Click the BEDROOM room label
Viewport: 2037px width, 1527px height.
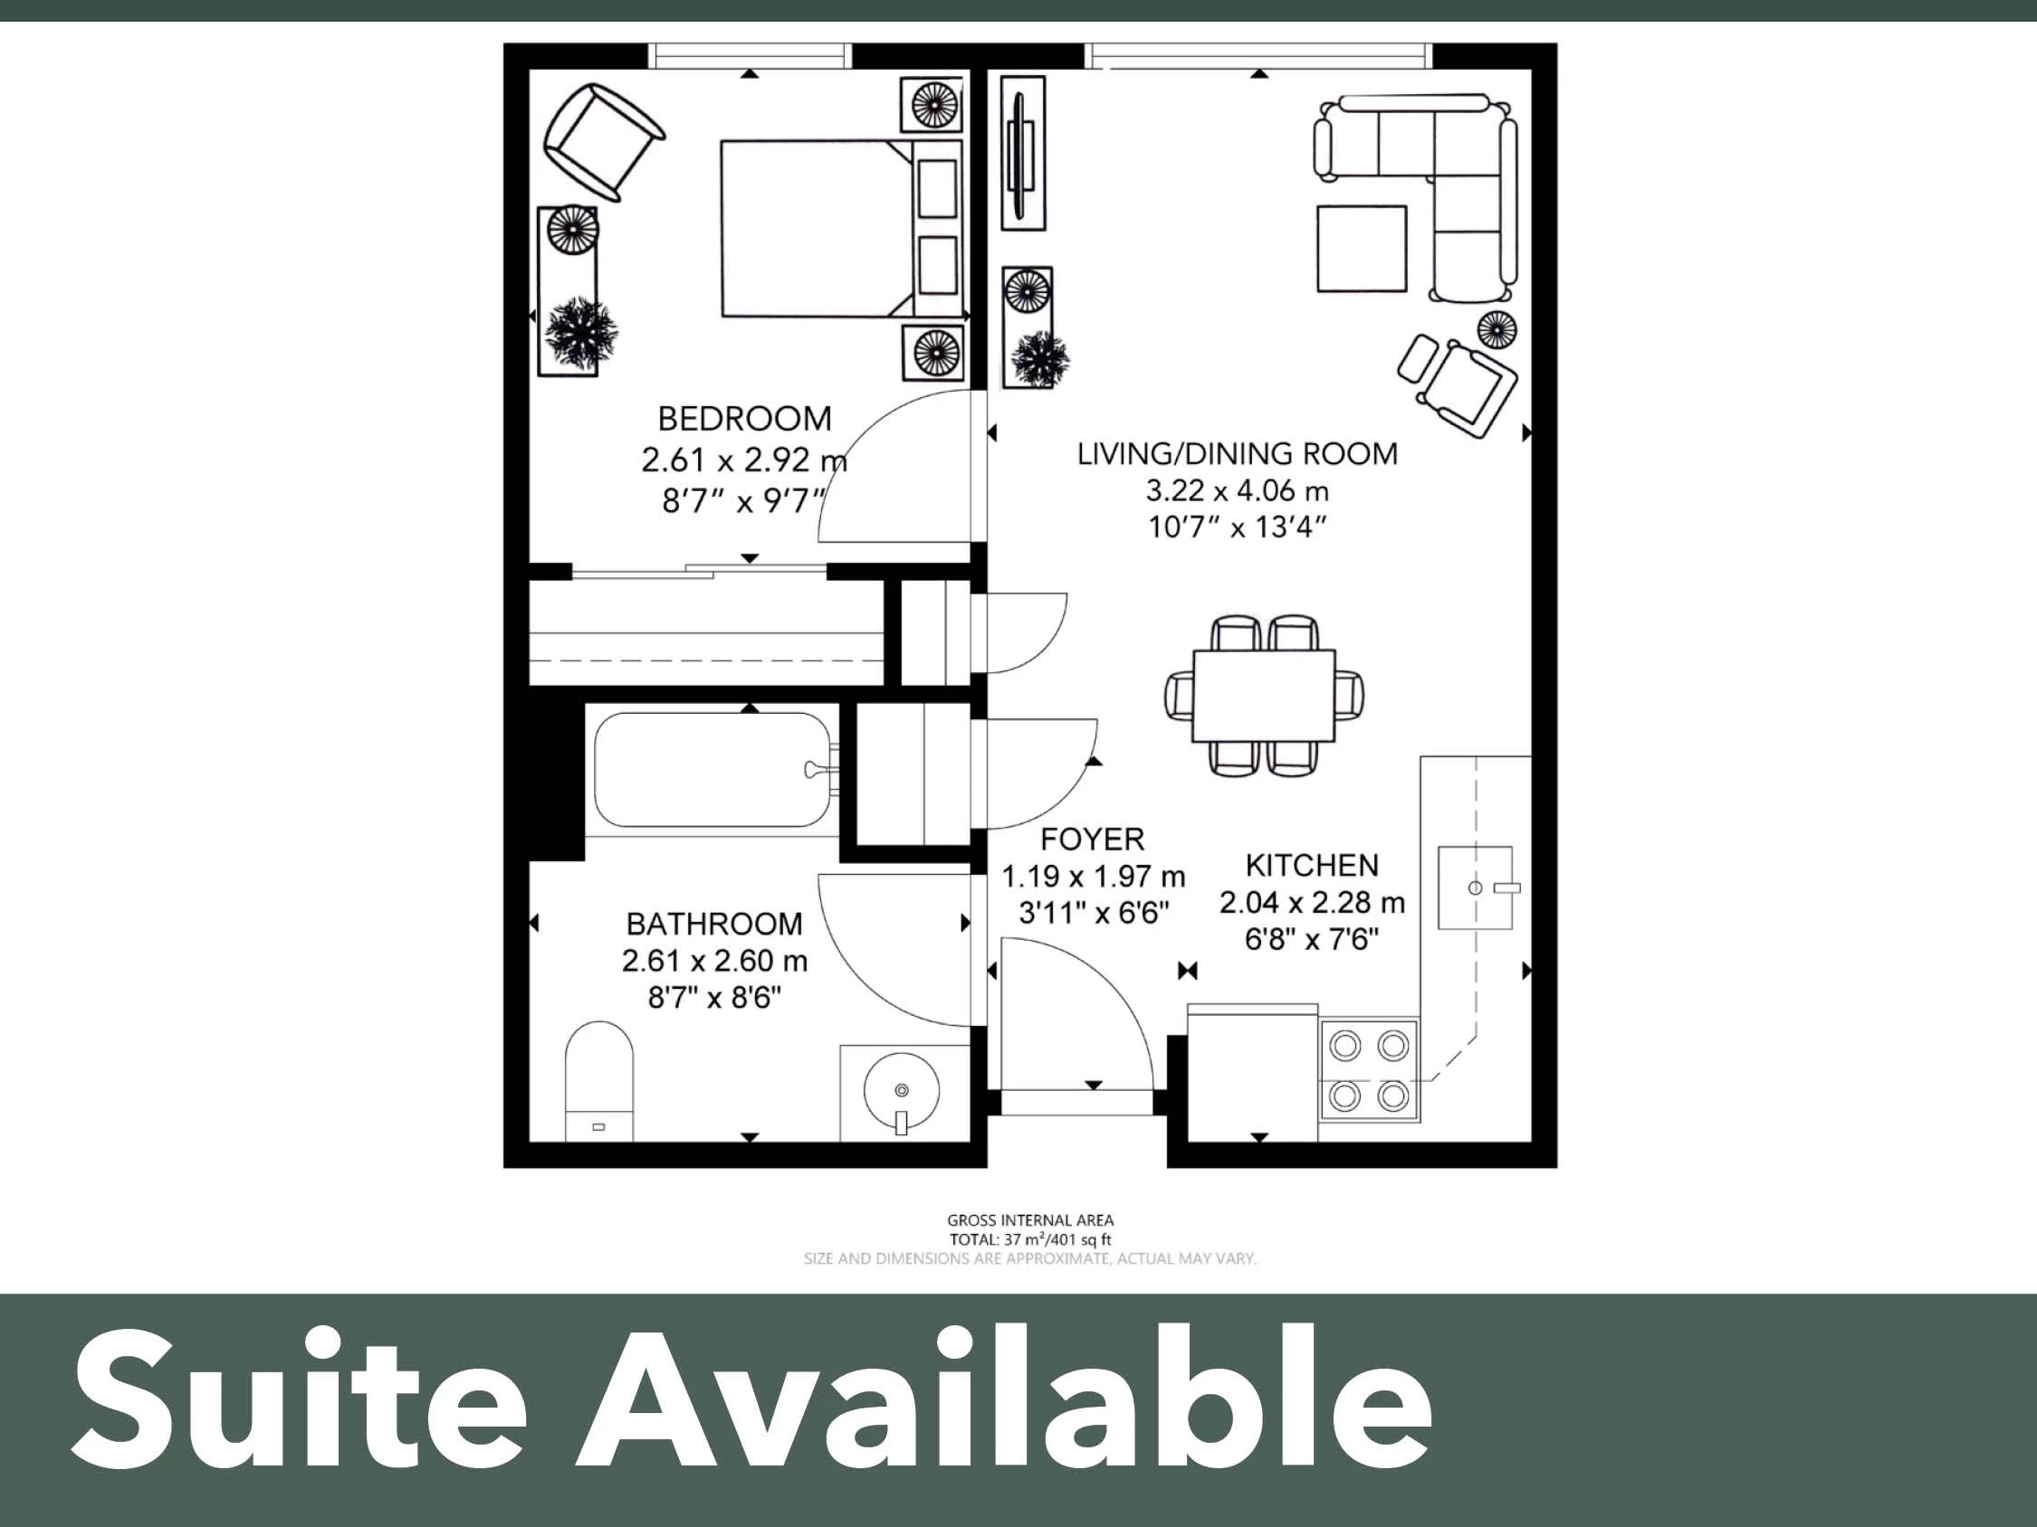coord(744,419)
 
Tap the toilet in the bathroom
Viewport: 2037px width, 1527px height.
coord(599,1081)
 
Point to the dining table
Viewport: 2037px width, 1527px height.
coord(1264,696)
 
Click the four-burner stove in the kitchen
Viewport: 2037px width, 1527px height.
coord(1370,1070)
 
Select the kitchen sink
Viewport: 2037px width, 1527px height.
coord(1476,887)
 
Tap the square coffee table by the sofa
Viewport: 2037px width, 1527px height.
coord(1361,249)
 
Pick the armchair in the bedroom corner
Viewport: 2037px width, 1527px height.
coord(603,140)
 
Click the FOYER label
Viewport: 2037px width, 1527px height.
coord(1092,839)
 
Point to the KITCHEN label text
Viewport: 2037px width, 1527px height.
coord(1311,865)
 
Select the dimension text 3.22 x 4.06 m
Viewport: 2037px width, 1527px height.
coord(1237,490)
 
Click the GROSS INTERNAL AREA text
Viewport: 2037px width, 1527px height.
coord(1029,1220)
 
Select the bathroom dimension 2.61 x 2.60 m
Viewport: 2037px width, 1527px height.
coord(713,961)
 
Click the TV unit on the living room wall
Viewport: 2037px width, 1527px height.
coord(1022,152)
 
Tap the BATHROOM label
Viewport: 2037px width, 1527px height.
coord(713,924)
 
